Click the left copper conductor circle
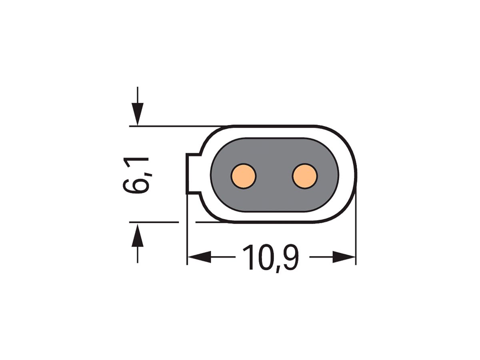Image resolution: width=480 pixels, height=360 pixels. click(x=243, y=176)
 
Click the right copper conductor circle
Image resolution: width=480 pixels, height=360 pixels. click(x=305, y=176)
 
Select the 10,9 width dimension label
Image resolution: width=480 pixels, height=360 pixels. click(x=271, y=258)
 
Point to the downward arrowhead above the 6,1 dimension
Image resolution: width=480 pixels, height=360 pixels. click(x=138, y=114)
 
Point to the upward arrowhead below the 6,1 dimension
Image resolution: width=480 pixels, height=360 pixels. click(x=138, y=235)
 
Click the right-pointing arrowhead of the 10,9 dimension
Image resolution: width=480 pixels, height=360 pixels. click(x=344, y=257)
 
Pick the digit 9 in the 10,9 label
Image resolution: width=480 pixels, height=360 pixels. click(x=289, y=258)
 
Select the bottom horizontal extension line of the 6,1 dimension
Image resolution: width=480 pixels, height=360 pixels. click(x=154, y=222)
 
